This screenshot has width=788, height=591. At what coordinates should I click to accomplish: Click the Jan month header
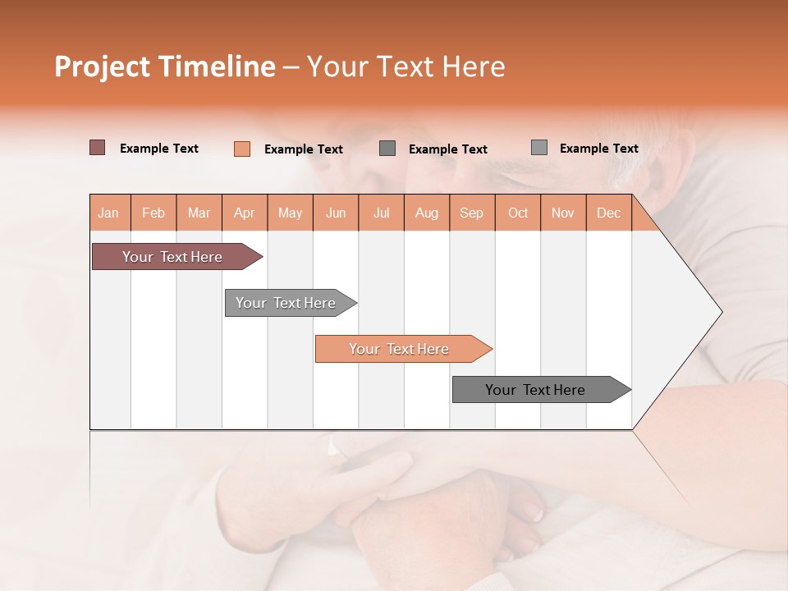coord(108,213)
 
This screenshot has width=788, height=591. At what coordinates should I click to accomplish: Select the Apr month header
coord(244,213)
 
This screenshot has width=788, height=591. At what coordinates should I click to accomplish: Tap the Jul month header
coord(381,213)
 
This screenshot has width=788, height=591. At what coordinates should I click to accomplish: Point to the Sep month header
coord(471,213)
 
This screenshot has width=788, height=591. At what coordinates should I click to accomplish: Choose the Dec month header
coord(608,213)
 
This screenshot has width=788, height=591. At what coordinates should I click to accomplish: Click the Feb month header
coord(153,213)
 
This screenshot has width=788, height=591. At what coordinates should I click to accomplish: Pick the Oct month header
coord(518,213)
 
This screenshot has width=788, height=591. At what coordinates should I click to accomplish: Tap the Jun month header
coord(336,213)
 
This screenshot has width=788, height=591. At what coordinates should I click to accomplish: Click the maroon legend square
coord(97,148)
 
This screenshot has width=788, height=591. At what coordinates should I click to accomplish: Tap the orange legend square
coord(241,149)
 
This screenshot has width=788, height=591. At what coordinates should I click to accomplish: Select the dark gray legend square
coord(387,148)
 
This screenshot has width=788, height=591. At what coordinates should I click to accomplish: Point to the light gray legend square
coord(538,147)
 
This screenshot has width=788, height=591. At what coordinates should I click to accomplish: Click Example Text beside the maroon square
coord(159,149)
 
